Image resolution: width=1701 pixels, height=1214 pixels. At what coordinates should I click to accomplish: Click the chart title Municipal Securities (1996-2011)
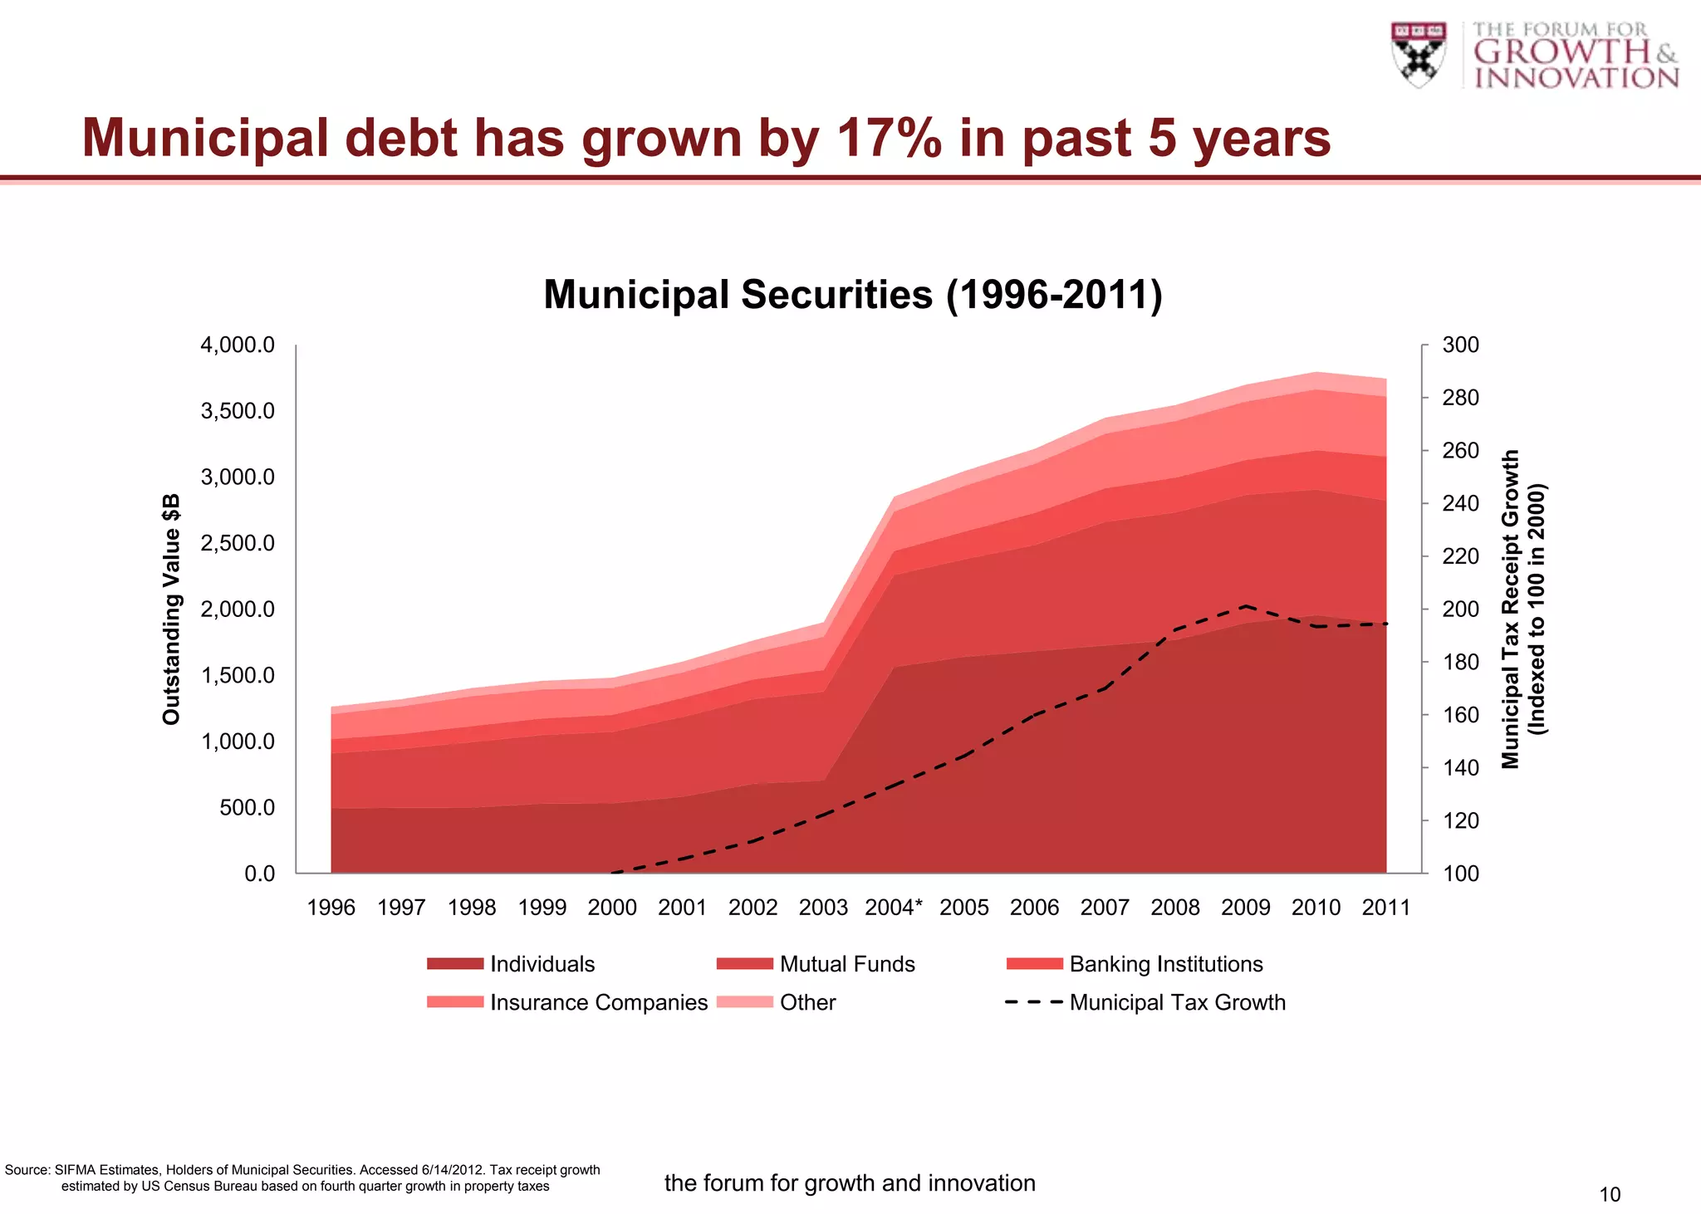click(x=852, y=295)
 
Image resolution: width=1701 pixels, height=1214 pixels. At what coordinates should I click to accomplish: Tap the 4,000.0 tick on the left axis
click(x=238, y=345)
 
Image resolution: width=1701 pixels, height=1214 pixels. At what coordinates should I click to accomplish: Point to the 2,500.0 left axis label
click(x=238, y=543)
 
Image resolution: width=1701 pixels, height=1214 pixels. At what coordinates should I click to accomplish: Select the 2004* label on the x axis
click(x=894, y=908)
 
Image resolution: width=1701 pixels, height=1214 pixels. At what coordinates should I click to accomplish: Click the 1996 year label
click(x=331, y=908)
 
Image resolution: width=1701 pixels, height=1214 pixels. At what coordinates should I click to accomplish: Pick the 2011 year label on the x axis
click(x=1386, y=908)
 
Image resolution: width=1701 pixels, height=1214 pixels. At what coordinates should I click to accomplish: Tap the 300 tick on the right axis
click(x=1460, y=345)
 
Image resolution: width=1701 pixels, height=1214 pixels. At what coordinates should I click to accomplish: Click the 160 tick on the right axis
click(x=1460, y=715)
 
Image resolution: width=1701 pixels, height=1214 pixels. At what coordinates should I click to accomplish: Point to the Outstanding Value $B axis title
click(x=171, y=609)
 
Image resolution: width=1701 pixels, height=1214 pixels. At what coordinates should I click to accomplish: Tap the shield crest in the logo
click(x=1419, y=55)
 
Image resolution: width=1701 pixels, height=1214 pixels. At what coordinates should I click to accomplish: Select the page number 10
click(x=1610, y=1194)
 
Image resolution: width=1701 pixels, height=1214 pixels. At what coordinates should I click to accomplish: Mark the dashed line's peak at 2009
click(x=1246, y=605)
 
